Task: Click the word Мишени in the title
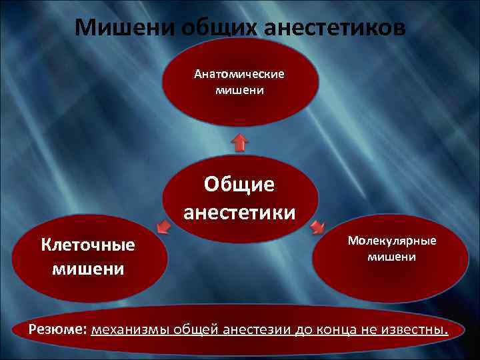pos(117,29)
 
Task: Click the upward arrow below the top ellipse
pos(240,141)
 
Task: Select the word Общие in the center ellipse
pos(239,184)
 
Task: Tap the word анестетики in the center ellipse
pos(239,212)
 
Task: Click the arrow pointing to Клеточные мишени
pos(163,229)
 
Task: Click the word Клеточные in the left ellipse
pos(88,245)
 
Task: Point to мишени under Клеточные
pos(88,268)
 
